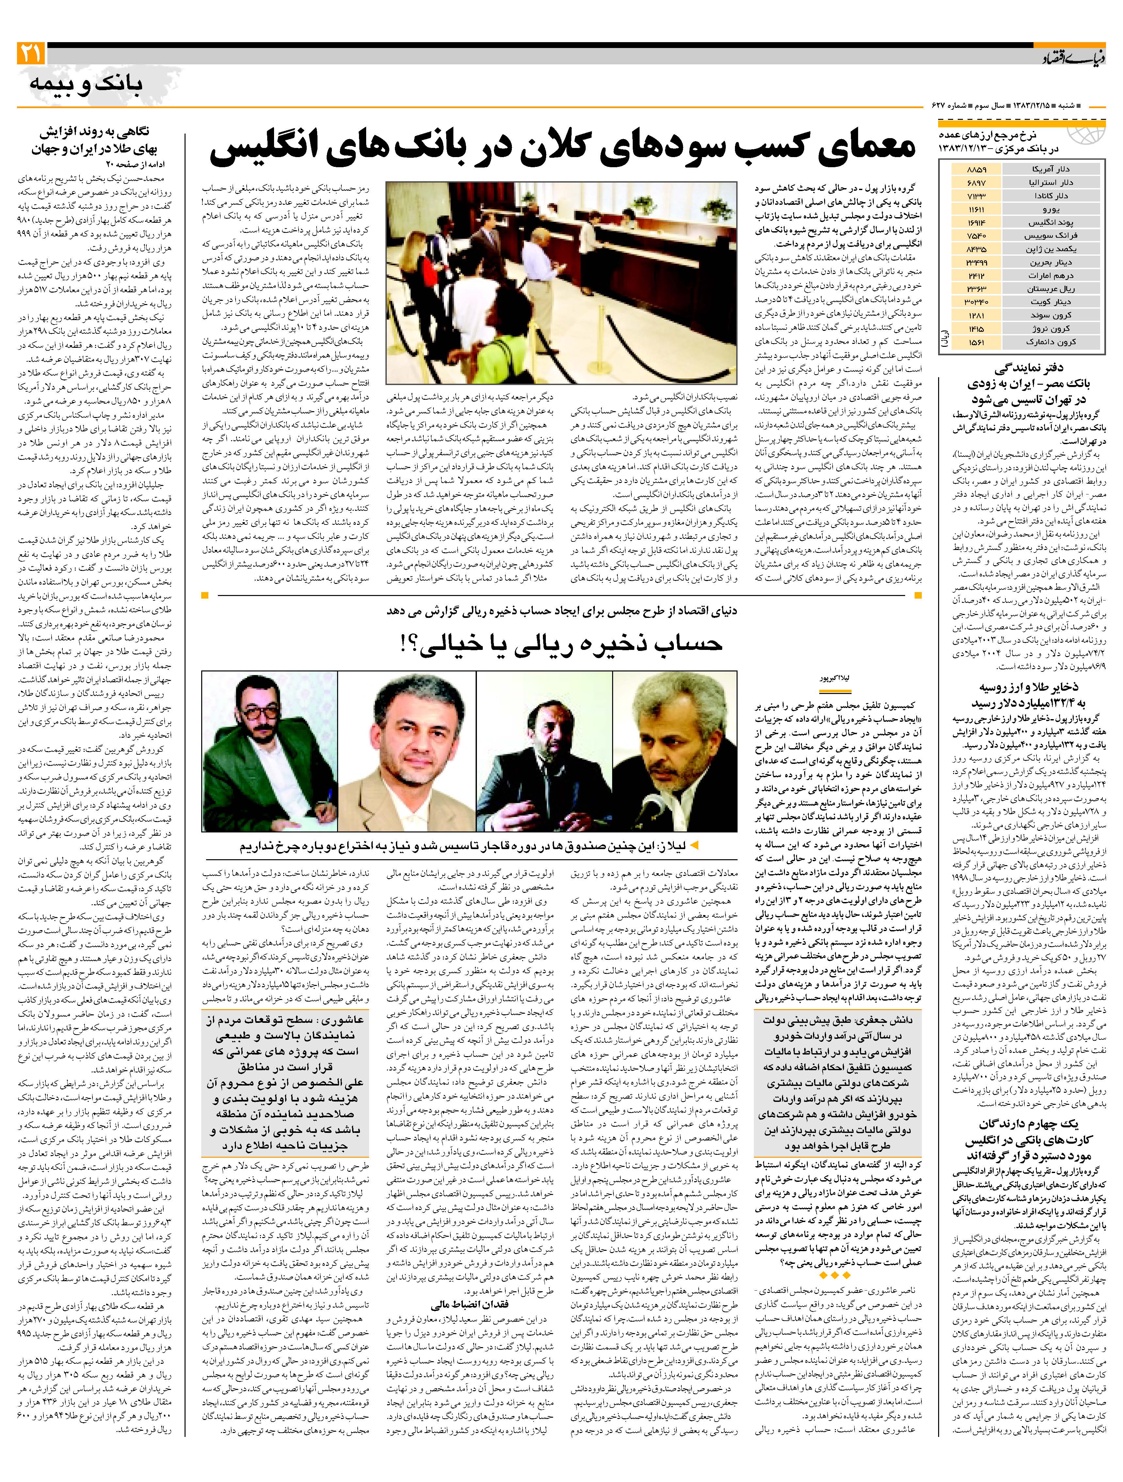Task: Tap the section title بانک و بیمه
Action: point(86,84)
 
